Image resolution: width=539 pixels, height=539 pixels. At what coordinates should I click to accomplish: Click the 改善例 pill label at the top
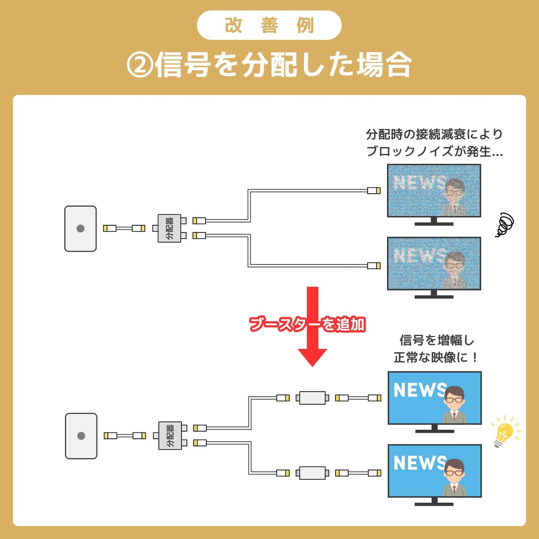pyautogui.click(x=269, y=25)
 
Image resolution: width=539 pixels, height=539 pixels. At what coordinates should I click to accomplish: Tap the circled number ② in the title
pyautogui.click(x=139, y=66)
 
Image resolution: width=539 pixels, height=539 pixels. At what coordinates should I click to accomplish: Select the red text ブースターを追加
pyautogui.click(x=307, y=324)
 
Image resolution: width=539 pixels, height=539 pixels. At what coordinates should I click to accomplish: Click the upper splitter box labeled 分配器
pyautogui.click(x=169, y=228)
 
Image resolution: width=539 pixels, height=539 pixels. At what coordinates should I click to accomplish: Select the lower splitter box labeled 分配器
pyautogui.click(x=170, y=435)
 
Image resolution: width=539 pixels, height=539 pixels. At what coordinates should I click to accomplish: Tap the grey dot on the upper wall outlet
pyautogui.click(x=80, y=229)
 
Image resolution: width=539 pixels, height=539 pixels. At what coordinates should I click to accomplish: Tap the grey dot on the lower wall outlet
pyautogui.click(x=81, y=436)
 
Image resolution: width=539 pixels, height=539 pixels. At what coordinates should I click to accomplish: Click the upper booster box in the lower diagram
pyautogui.click(x=312, y=398)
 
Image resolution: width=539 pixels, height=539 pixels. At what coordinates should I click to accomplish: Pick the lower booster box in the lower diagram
pyautogui.click(x=312, y=473)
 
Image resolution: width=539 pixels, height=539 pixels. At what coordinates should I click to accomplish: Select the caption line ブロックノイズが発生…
pyautogui.click(x=434, y=151)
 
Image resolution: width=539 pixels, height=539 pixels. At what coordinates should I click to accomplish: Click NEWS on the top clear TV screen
pyautogui.click(x=419, y=390)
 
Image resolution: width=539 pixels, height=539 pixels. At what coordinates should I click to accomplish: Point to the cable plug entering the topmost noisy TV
pyautogui.click(x=374, y=191)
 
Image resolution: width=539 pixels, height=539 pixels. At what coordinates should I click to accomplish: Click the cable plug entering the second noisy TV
pyautogui.click(x=374, y=266)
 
